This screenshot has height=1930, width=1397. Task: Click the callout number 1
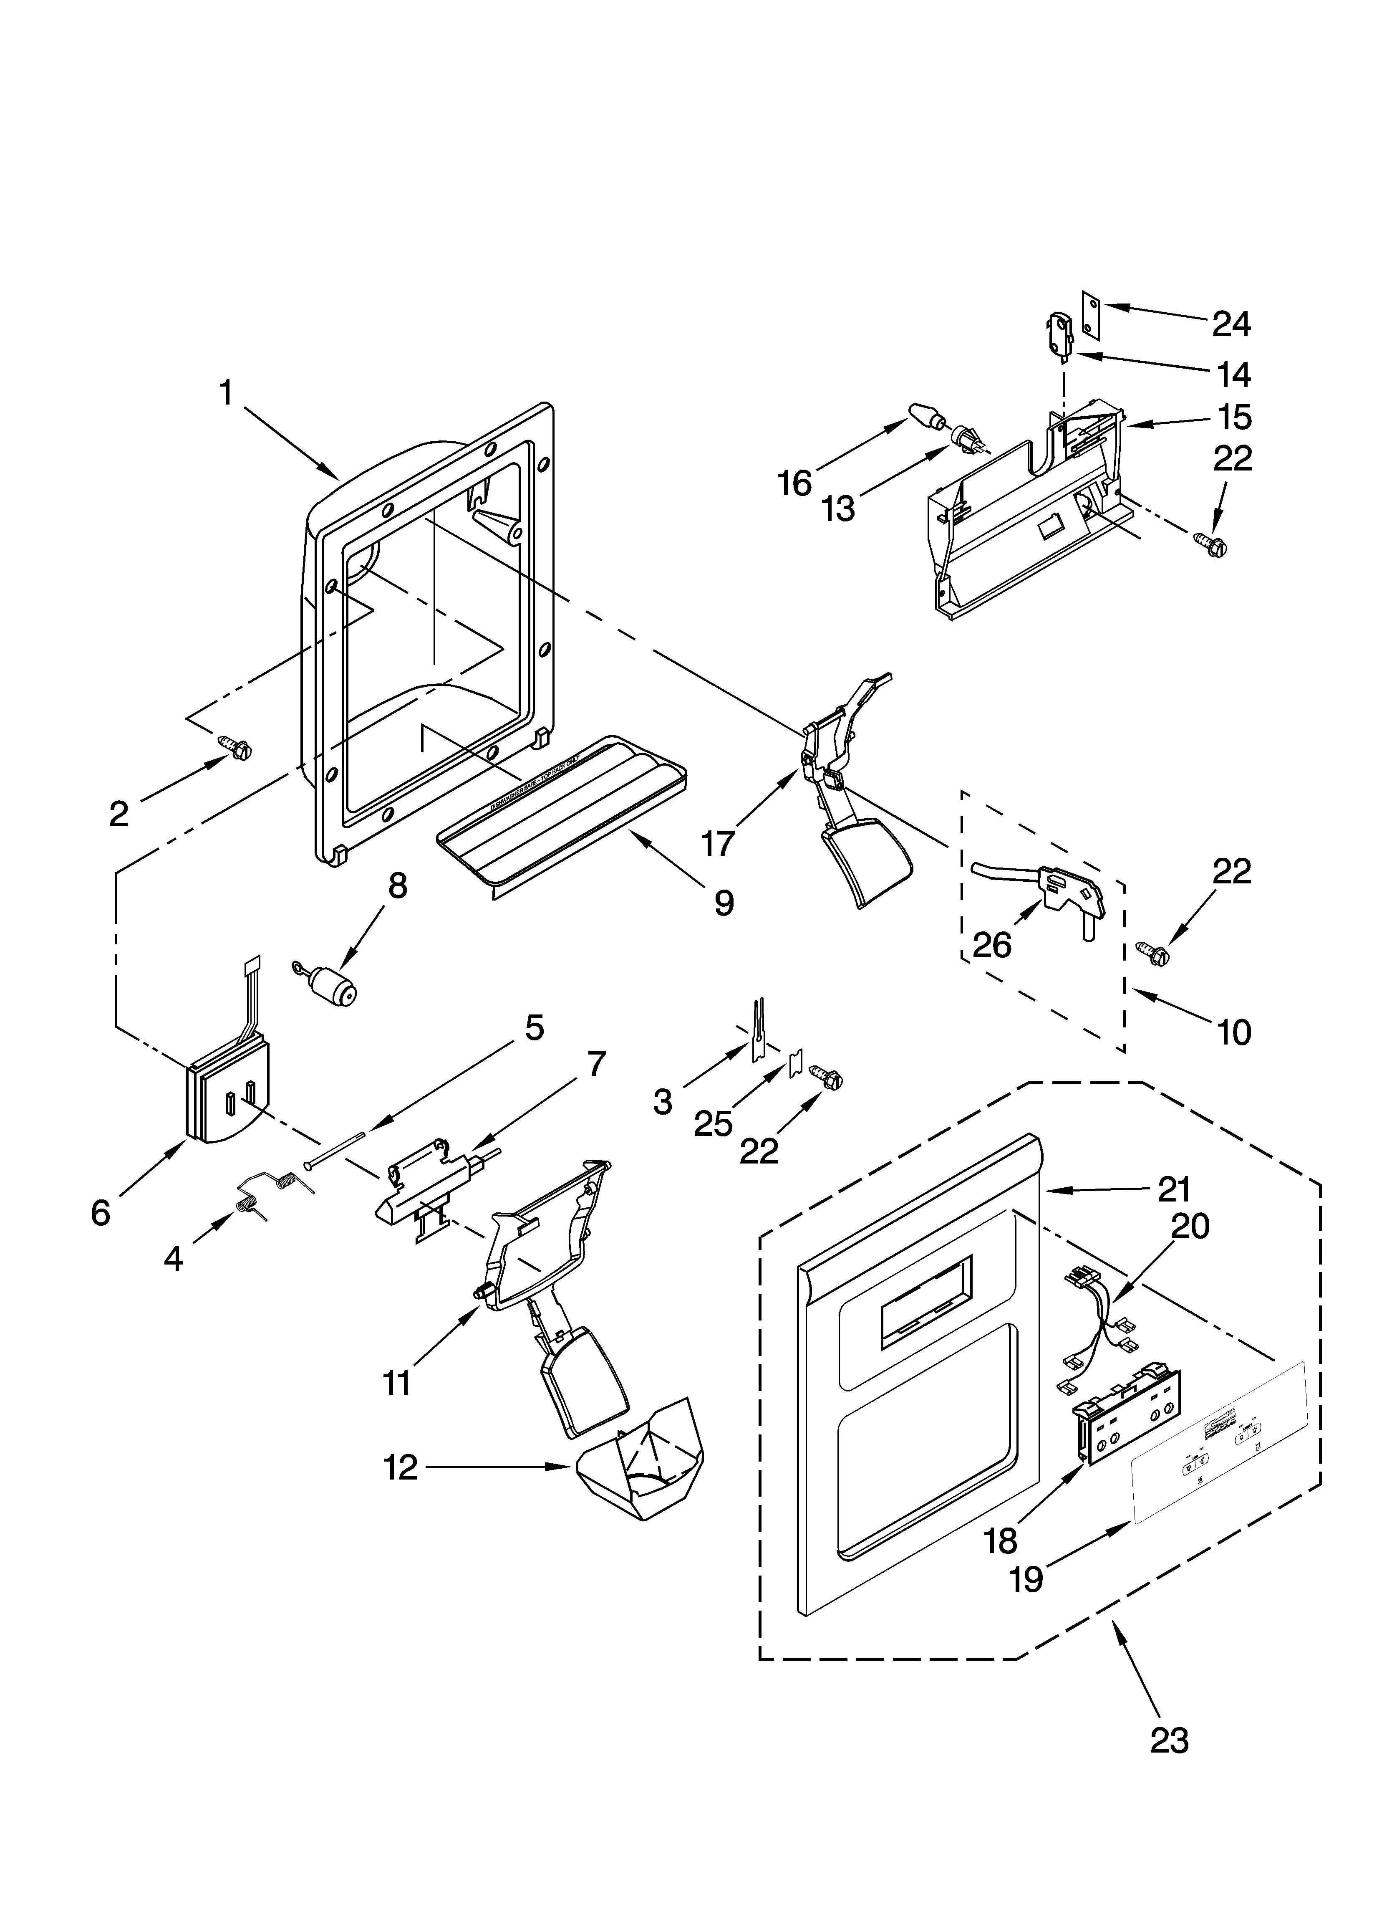[225, 394]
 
